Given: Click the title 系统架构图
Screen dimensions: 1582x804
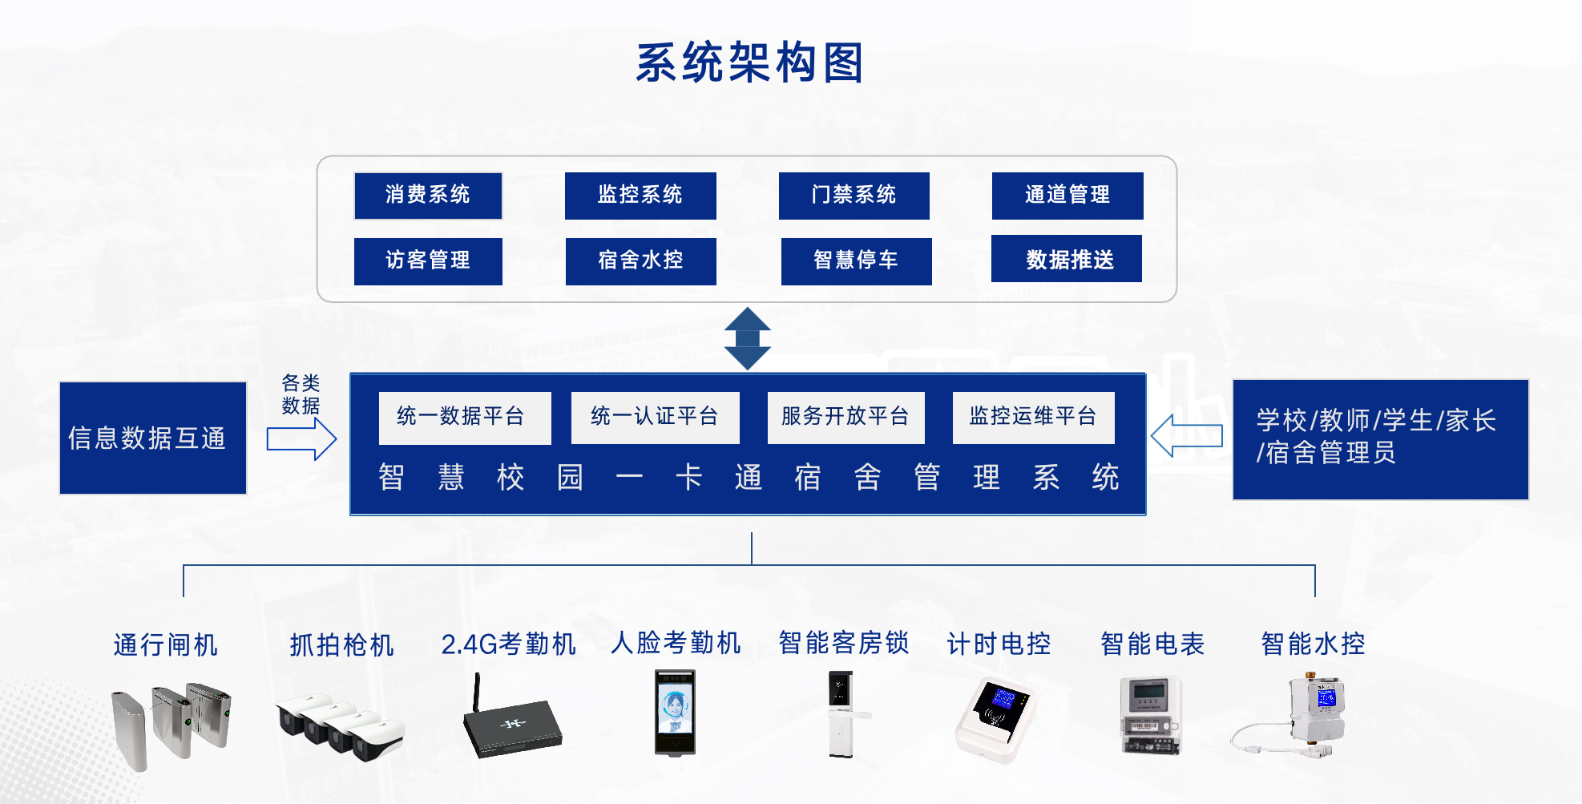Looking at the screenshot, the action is click(x=749, y=63).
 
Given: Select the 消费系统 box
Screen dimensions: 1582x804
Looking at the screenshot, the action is click(x=428, y=196).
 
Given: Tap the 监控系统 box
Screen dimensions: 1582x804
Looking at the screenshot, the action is click(x=640, y=196).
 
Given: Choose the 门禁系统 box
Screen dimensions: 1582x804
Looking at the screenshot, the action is click(x=854, y=196).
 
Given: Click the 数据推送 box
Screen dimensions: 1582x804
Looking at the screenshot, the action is click(x=1067, y=258).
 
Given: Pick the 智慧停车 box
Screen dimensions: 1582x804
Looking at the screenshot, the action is click(x=857, y=261).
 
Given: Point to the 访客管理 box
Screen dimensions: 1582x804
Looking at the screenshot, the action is click(x=428, y=261).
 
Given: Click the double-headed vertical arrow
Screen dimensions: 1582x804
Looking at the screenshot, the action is click(x=748, y=338).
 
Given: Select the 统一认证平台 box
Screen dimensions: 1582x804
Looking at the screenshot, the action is click(x=656, y=418).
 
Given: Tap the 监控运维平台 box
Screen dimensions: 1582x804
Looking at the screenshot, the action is click(x=1034, y=418).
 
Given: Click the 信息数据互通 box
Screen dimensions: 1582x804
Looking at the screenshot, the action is click(x=153, y=438).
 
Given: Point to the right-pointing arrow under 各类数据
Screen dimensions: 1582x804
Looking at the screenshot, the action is click(x=301, y=439).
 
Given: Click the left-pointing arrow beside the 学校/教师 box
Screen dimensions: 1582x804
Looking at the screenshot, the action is click(x=1187, y=436).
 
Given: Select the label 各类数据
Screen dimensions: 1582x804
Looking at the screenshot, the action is click(x=301, y=394).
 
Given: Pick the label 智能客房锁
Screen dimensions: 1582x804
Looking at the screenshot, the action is click(x=844, y=643).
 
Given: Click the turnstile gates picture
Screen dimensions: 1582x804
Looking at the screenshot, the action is click(x=172, y=725).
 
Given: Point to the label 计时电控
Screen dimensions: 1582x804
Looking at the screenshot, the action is click(x=999, y=644).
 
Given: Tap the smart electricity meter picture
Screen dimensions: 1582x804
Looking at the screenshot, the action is click(x=1152, y=715).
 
